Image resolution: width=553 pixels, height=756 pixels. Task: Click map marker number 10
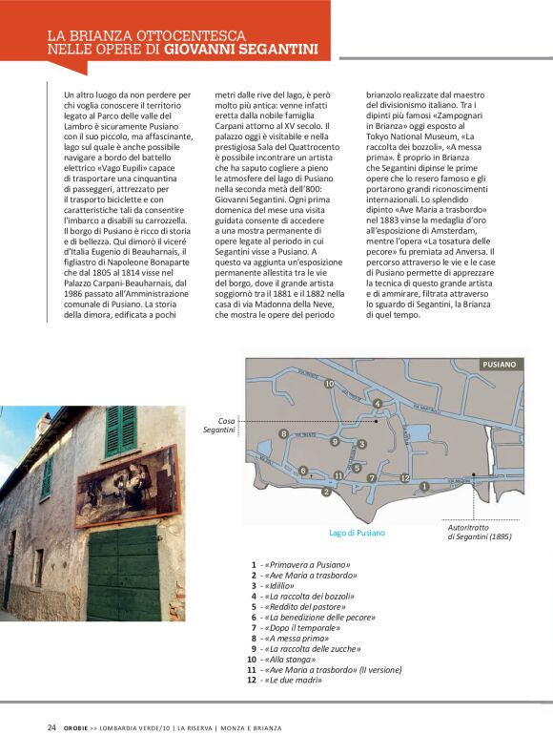329,384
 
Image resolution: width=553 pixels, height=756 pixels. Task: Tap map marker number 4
378,404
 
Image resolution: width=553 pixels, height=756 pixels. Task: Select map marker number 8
283,434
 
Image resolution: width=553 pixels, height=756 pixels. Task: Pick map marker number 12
404,477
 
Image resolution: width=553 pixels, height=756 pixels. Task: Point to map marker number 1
423,487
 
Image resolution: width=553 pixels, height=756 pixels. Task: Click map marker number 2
326,492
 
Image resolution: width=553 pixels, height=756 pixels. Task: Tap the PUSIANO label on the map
499,365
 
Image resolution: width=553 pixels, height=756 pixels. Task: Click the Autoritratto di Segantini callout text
480,533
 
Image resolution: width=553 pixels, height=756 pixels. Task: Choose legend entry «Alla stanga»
283,659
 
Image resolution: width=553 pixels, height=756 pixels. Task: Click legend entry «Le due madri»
285,680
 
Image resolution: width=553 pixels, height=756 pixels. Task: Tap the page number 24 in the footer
51,727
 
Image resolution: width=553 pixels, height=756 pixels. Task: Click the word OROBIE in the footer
78,727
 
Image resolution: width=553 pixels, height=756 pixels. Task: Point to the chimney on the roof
44,423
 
